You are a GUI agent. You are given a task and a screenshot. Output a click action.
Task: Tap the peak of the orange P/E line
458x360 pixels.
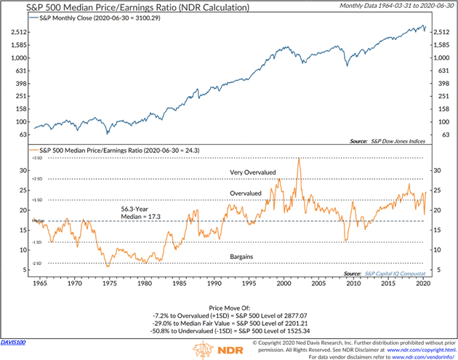pyautogui.click(x=299, y=159)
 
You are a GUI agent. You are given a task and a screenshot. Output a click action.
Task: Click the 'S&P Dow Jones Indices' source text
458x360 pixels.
pyautogui.click(x=398, y=140)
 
